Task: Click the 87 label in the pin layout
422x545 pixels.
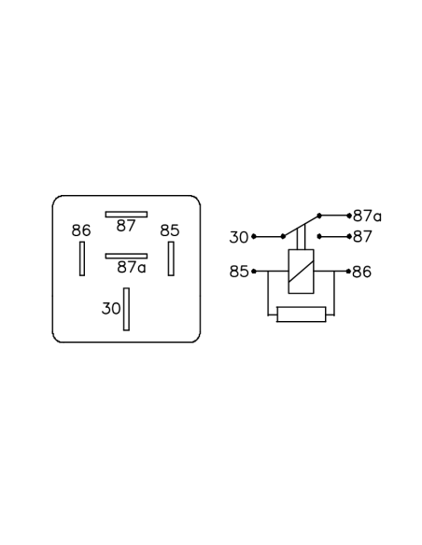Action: coord(126,226)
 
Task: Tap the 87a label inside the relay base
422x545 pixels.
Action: coord(132,267)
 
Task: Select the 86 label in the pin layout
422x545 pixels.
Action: coord(81,231)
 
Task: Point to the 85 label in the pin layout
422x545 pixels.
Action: coord(170,231)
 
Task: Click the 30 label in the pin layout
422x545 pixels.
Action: coord(111,308)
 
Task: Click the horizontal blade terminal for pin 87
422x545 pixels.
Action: coord(126,215)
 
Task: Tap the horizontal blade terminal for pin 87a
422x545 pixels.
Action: coord(126,256)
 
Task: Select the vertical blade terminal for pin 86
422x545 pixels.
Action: coord(82,259)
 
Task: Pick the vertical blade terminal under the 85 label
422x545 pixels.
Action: coord(171,259)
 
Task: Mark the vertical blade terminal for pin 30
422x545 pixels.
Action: coord(127,309)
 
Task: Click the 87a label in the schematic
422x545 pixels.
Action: coord(367,217)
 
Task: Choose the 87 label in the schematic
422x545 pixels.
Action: coord(362,237)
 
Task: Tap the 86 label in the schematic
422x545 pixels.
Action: coord(362,272)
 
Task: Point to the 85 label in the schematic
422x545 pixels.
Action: coord(239,272)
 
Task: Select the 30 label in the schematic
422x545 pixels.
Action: coord(239,237)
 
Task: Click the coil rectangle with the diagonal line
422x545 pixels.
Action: coord(301,272)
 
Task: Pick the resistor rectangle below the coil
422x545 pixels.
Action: coord(302,314)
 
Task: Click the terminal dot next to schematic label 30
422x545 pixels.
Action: coord(254,237)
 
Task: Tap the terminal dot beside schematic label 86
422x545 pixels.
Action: coord(348,272)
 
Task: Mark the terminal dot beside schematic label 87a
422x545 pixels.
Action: coord(349,216)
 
